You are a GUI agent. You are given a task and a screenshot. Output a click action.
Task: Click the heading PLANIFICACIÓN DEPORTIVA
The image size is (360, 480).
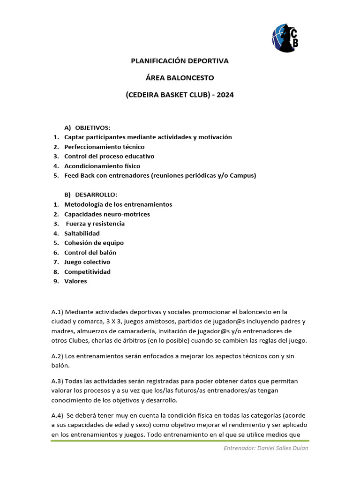(x=179, y=61)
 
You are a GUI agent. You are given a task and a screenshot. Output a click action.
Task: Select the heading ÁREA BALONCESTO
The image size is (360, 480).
(x=180, y=78)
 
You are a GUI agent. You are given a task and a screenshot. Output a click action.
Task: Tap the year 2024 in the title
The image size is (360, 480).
(x=224, y=95)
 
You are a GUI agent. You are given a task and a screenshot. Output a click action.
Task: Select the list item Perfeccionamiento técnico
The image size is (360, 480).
(x=104, y=147)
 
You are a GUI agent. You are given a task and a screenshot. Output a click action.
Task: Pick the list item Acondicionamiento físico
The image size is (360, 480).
(x=102, y=166)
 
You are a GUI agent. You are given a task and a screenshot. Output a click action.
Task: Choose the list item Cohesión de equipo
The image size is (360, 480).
(x=94, y=243)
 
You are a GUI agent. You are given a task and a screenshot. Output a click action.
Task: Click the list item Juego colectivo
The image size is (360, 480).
(x=87, y=262)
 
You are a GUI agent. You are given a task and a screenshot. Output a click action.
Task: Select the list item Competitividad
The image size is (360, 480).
(x=87, y=272)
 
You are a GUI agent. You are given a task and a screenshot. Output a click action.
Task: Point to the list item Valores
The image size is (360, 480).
(x=75, y=281)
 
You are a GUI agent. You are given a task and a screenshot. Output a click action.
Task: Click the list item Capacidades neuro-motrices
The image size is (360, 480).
(x=107, y=214)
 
